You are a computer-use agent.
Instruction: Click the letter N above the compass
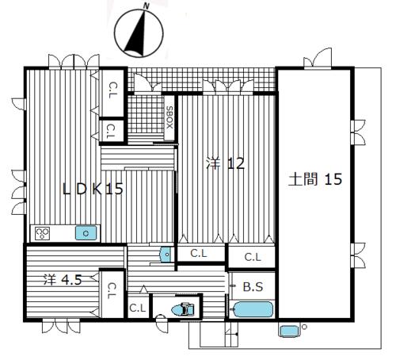(x=146, y=6)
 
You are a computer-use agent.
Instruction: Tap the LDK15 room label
(x=93, y=189)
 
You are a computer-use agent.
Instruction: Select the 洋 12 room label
(x=225, y=164)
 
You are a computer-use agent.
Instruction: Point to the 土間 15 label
(x=315, y=179)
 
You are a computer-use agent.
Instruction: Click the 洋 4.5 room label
(x=63, y=280)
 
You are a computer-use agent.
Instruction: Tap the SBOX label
(x=169, y=117)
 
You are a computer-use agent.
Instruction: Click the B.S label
(x=253, y=287)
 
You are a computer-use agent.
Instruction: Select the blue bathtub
(x=253, y=309)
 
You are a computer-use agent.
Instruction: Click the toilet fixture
(x=183, y=309)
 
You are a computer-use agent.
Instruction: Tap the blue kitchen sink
(x=86, y=233)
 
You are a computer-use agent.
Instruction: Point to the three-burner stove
(x=43, y=233)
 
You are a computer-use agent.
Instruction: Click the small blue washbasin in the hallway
(x=166, y=255)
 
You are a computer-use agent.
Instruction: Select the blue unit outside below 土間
(x=289, y=331)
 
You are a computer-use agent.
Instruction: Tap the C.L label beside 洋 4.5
(x=112, y=291)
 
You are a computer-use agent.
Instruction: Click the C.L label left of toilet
(x=138, y=308)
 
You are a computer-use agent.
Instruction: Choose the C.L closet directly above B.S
(x=253, y=257)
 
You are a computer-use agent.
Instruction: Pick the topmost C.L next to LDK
(x=113, y=90)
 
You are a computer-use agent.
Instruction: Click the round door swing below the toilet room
(x=161, y=323)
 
